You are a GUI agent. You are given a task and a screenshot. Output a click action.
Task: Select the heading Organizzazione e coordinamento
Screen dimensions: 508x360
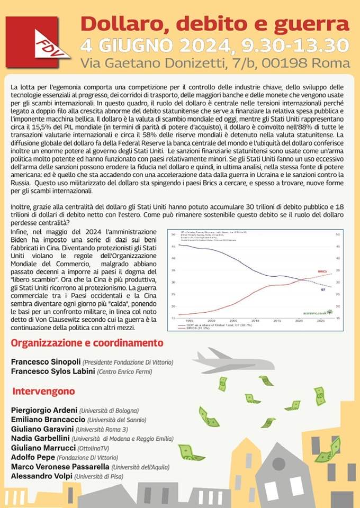tap(87, 342)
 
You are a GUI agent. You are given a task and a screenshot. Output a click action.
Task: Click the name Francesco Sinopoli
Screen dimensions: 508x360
tap(46, 362)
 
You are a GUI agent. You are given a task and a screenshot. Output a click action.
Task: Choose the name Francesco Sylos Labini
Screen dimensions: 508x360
tap(52, 371)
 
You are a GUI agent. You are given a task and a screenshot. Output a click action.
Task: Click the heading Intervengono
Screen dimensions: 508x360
tap(43, 392)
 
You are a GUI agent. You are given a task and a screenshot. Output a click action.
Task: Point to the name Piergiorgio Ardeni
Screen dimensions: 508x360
tap(44, 410)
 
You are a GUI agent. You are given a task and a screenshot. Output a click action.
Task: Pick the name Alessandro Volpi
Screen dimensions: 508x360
tap(42, 476)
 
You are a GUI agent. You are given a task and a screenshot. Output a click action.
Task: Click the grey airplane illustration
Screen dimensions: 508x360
tap(233, 361)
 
